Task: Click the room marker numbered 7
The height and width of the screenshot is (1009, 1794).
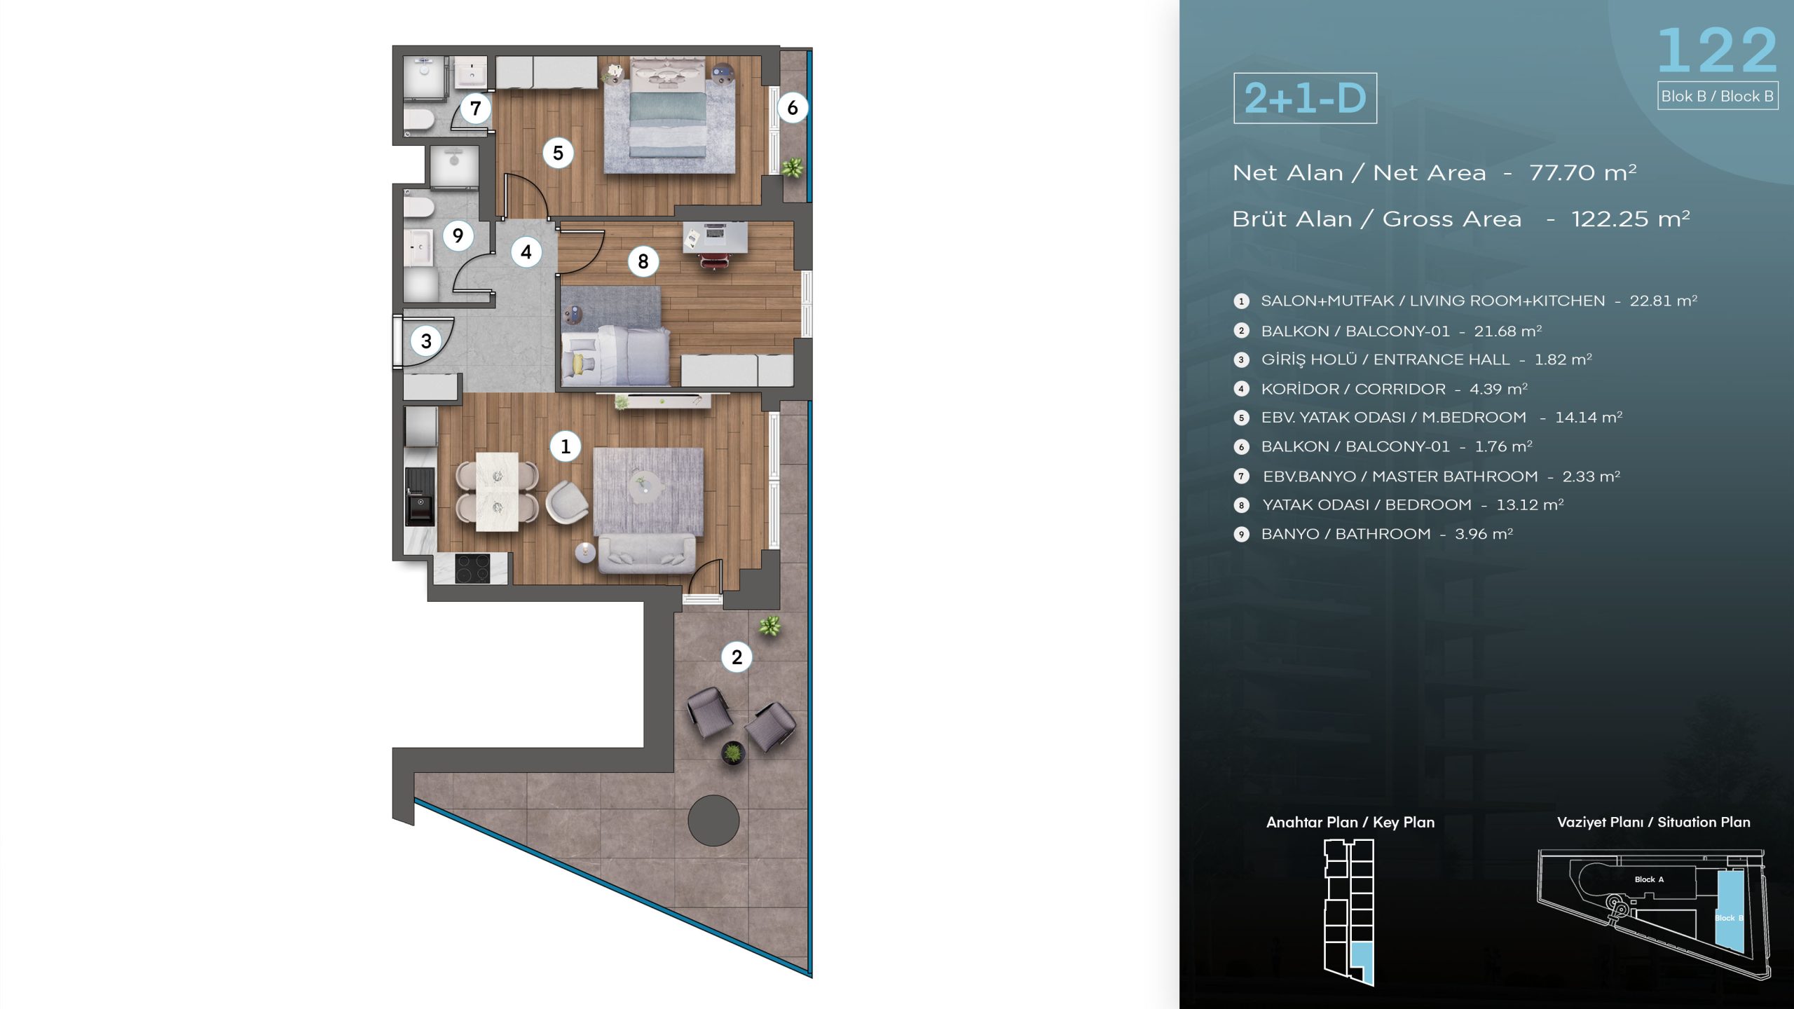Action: [x=476, y=109]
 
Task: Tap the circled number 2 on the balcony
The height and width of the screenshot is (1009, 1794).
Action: [x=737, y=657]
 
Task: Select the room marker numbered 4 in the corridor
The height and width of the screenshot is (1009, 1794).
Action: [x=526, y=252]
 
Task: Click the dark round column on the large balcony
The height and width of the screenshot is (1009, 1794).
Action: [x=713, y=821]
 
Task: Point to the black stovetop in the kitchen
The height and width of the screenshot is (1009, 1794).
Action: [x=472, y=568]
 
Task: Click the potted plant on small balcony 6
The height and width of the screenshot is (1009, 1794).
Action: [x=792, y=167]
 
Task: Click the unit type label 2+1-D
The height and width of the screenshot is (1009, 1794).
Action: [x=1306, y=98]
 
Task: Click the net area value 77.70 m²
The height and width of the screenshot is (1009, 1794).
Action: [x=1582, y=172]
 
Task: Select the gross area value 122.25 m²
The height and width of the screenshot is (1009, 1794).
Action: [x=1631, y=219]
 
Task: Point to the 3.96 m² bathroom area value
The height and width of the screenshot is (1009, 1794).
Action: [x=1484, y=534]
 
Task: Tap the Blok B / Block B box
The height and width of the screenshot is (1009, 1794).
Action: [x=1718, y=96]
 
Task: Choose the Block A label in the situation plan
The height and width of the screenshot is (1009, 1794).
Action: [x=1649, y=879]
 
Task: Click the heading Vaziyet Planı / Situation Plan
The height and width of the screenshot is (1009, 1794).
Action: [x=1653, y=822]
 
